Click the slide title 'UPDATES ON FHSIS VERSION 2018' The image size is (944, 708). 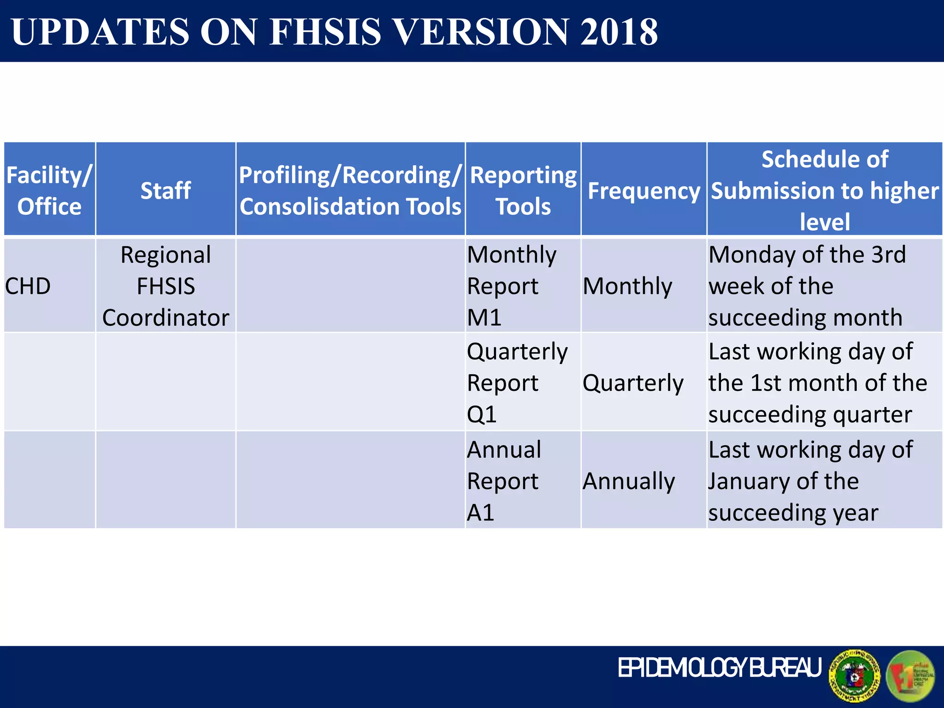click(335, 31)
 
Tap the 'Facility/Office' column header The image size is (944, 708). click(49, 190)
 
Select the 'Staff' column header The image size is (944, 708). click(165, 190)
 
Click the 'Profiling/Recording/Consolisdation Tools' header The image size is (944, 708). click(350, 190)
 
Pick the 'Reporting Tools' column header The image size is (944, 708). click(523, 190)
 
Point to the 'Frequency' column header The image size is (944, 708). click(644, 190)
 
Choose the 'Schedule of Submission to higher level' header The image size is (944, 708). click(825, 190)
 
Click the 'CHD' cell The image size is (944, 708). click(28, 286)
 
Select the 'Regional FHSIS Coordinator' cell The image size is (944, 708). click(165, 286)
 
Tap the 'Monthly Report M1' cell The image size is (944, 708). click(512, 286)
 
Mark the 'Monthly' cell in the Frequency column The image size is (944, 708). click(628, 286)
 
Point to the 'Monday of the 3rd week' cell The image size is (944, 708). click(807, 286)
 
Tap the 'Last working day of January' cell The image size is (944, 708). click(810, 481)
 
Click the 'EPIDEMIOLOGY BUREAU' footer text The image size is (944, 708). click(720, 668)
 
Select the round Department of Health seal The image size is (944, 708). click(854, 676)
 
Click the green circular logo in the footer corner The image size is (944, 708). click(911, 676)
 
